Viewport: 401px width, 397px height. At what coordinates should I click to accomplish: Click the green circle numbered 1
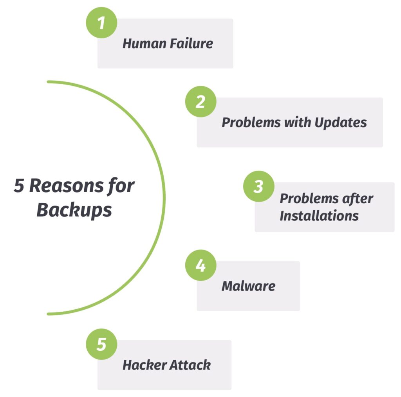(x=101, y=23)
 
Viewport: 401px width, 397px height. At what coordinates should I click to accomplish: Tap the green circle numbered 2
(x=201, y=102)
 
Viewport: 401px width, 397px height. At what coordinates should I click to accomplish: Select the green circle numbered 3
(x=259, y=186)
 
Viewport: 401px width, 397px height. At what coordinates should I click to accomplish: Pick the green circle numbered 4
(x=201, y=265)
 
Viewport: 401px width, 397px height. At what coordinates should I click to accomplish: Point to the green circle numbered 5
(x=101, y=344)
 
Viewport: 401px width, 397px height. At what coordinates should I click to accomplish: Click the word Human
(x=145, y=43)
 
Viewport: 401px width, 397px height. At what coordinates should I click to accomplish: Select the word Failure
(x=191, y=43)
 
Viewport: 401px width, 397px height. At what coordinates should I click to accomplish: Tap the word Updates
(x=341, y=123)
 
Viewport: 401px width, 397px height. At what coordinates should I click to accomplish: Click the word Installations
(x=319, y=216)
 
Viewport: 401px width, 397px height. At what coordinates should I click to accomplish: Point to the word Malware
(x=249, y=286)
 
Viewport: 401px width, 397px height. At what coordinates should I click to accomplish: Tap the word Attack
(x=190, y=365)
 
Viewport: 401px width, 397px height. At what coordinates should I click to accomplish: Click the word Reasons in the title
(x=67, y=186)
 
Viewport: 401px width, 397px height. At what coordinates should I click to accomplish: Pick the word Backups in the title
(x=74, y=211)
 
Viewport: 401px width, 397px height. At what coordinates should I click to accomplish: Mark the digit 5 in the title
(x=19, y=186)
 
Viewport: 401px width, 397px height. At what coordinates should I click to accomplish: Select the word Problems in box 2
(x=251, y=122)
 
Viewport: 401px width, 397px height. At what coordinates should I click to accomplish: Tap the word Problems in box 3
(x=309, y=198)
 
